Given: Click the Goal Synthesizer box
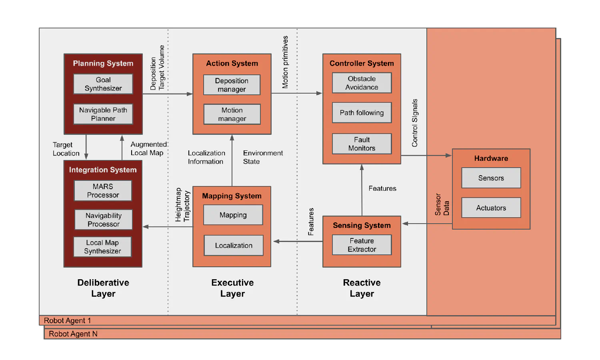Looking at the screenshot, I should click(103, 84).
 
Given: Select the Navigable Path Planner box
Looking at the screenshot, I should click(103, 114).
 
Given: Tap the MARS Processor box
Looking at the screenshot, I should click(103, 190).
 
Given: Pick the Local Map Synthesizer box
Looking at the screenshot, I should click(102, 247).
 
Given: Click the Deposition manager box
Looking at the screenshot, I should click(232, 85).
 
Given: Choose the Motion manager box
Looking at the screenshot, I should click(232, 114).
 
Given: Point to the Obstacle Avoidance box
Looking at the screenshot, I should click(362, 83).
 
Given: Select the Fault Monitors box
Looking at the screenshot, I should click(362, 144).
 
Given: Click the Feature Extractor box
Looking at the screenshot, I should click(362, 245).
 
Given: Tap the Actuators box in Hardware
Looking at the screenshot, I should click(491, 208).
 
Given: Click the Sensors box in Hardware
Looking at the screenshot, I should click(491, 178).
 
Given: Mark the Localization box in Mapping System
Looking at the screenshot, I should click(234, 245).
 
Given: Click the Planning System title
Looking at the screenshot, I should click(103, 63).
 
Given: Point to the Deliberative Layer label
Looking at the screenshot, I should click(103, 288).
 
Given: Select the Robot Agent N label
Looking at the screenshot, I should click(73, 334).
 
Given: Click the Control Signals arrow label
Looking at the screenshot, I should click(415, 123).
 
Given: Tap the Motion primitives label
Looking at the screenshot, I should click(285, 62).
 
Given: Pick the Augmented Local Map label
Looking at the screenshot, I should click(148, 148).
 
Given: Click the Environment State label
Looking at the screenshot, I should click(263, 157).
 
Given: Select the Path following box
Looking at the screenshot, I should click(362, 113).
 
